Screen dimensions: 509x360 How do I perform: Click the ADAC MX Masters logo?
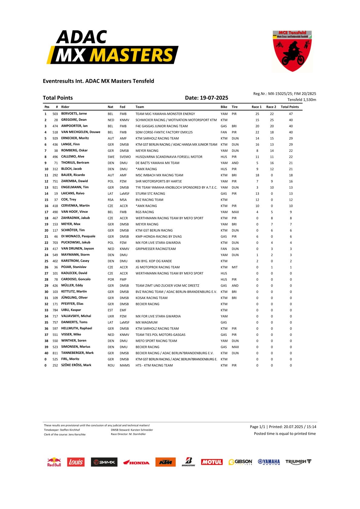[112, 47]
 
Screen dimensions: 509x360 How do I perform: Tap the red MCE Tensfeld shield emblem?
[292, 51]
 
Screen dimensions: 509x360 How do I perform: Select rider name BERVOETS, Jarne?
[74, 114]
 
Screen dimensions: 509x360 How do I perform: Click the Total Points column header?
[290, 107]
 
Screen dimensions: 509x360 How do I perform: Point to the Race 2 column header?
[271, 107]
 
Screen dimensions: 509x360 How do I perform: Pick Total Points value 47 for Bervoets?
[291, 114]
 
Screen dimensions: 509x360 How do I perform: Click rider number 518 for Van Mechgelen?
[55, 132]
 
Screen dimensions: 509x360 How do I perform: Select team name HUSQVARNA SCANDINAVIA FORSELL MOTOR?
[169, 157]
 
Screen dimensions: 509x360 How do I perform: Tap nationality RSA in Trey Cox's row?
[111, 200]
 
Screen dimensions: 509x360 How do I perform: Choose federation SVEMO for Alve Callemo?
[125, 157]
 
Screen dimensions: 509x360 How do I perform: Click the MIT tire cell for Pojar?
[235, 267]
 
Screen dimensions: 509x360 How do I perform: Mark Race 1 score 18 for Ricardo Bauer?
[257, 175]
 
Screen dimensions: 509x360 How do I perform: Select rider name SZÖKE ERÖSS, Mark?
[76, 365]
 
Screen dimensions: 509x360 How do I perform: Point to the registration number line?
[284, 94]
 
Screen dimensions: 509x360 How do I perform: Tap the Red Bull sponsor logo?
[54, 462]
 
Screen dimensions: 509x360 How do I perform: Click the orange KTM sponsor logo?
[165, 462]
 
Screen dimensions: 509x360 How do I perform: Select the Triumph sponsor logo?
[298, 462]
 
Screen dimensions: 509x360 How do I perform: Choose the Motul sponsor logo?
[212, 462]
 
